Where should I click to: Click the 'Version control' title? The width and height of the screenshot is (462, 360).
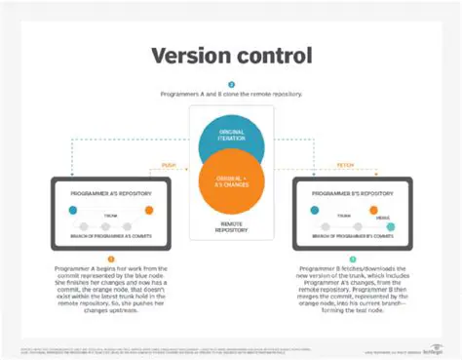coord(230,55)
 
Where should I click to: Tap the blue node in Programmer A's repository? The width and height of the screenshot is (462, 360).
coord(73,209)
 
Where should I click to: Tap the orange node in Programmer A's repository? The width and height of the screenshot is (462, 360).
coord(149,209)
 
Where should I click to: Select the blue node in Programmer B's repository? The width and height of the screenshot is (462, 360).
coord(314,209)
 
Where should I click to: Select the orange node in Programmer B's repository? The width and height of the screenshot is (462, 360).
coord(389,209)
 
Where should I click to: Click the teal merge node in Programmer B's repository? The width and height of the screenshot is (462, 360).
coord(391,226)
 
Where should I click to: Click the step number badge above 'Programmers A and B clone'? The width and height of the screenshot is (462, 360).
coord(231,84)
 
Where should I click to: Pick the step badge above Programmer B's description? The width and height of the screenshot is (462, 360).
coord(352,258)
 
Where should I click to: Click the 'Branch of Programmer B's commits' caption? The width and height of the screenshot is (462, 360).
coord(352,237)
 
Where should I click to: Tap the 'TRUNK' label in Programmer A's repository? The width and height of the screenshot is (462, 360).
coord(109,204)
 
